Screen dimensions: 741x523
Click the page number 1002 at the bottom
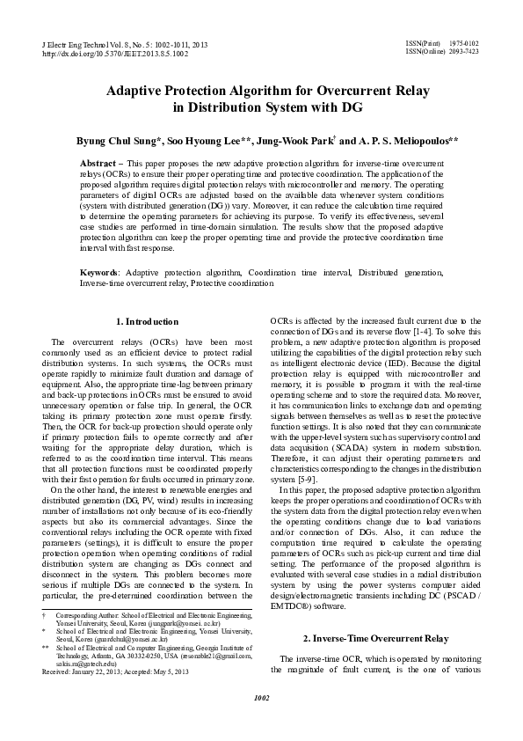tap(261, 723)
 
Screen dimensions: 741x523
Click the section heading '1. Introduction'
tap(147, 321)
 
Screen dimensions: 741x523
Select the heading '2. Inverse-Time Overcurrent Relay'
tap(376, 637)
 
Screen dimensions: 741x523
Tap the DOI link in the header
tap(114, 53)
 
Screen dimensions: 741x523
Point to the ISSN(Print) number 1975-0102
tap(464, 42)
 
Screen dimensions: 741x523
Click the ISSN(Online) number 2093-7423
tap(464, 51)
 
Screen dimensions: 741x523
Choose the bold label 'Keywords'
tap(99, 274)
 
